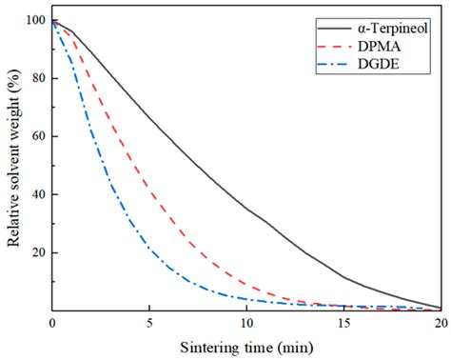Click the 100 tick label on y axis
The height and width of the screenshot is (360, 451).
[35, 21]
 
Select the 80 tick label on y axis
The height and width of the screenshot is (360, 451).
[38, 79]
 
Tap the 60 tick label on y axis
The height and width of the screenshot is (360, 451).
[38, 137]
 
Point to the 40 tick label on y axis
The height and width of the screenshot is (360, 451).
[38, 194]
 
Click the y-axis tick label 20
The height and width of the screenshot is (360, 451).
[38, 252]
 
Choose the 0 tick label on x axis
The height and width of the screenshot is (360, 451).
[51, 323]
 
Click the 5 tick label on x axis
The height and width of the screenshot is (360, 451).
[149, 323]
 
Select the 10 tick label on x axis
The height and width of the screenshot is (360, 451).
[246, 323]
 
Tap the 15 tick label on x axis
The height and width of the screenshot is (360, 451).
[344, 323]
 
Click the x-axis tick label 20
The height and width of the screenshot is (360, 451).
[441, 323]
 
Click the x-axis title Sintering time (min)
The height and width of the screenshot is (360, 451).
[246, 345]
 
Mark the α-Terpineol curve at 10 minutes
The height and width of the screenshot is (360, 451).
[246, 210]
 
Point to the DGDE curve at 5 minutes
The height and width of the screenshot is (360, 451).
[149, 250]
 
